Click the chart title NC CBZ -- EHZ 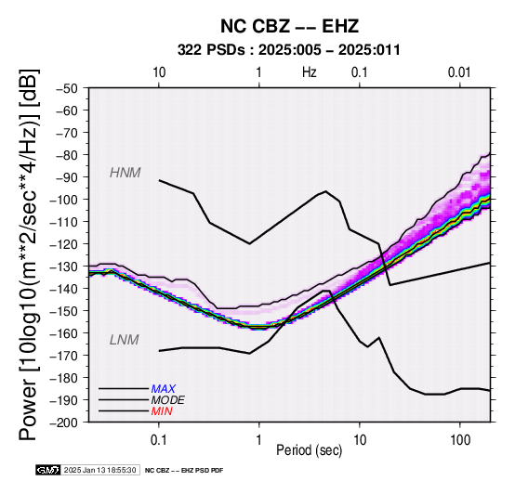click(289, 26)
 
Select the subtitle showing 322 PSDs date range click(289, 50)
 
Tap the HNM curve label click(125, 173)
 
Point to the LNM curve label click(125, 340)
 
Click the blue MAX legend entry click(164, 389)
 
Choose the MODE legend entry click(168, 400)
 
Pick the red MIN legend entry click(162, 411)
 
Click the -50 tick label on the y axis click(66, 88)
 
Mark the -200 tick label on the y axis click(64, 422)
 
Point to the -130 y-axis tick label click(64, 266)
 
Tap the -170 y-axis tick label click(64, 356)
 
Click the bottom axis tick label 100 click(460, 440)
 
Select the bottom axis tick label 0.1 click(159, 440)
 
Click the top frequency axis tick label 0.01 click(459, 72)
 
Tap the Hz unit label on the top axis click(310, 72)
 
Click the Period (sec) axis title click(309, 450)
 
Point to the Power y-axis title click(28, 254)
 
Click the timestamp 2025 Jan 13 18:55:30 click(99, 470)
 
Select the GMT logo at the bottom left click(48, 470)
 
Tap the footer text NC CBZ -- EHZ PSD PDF click(184, 471)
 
